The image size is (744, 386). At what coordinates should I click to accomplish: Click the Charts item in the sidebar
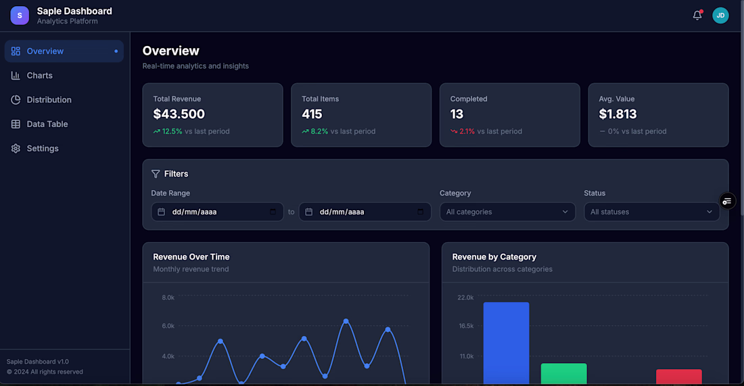tap(39, 76)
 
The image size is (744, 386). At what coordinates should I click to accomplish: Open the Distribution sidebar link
tap(49, 100)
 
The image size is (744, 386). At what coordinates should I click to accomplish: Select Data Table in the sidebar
tap(47, 124)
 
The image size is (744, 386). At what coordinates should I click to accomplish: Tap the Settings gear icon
tap(16, 149)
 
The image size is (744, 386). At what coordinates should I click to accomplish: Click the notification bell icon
tap(697, 16)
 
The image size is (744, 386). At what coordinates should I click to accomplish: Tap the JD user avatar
tap(720, 16)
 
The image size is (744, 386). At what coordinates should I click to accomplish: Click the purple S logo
tap(20, 16)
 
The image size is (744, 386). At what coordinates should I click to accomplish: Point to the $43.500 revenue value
tap(179, 114)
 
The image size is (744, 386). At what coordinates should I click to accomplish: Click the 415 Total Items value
tap(312, 114)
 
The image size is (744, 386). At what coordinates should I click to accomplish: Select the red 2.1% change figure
tap(467, 131)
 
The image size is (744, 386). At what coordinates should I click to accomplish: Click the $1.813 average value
tap(618, 114)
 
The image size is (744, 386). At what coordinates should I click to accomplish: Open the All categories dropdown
tap(507, 212)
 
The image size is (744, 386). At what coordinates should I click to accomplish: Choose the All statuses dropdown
tap(651, 212)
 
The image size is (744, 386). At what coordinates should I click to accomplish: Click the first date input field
tap(217, 212)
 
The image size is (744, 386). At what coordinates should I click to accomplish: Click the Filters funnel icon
tap(156, 174)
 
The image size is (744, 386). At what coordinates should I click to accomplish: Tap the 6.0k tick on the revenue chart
tap(168, 326)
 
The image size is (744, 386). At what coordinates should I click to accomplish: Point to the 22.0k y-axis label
tap(465, 297)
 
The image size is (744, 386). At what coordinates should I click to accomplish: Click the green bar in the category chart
tap(563, 374)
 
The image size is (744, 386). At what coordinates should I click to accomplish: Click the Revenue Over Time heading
tap(191, 257)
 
